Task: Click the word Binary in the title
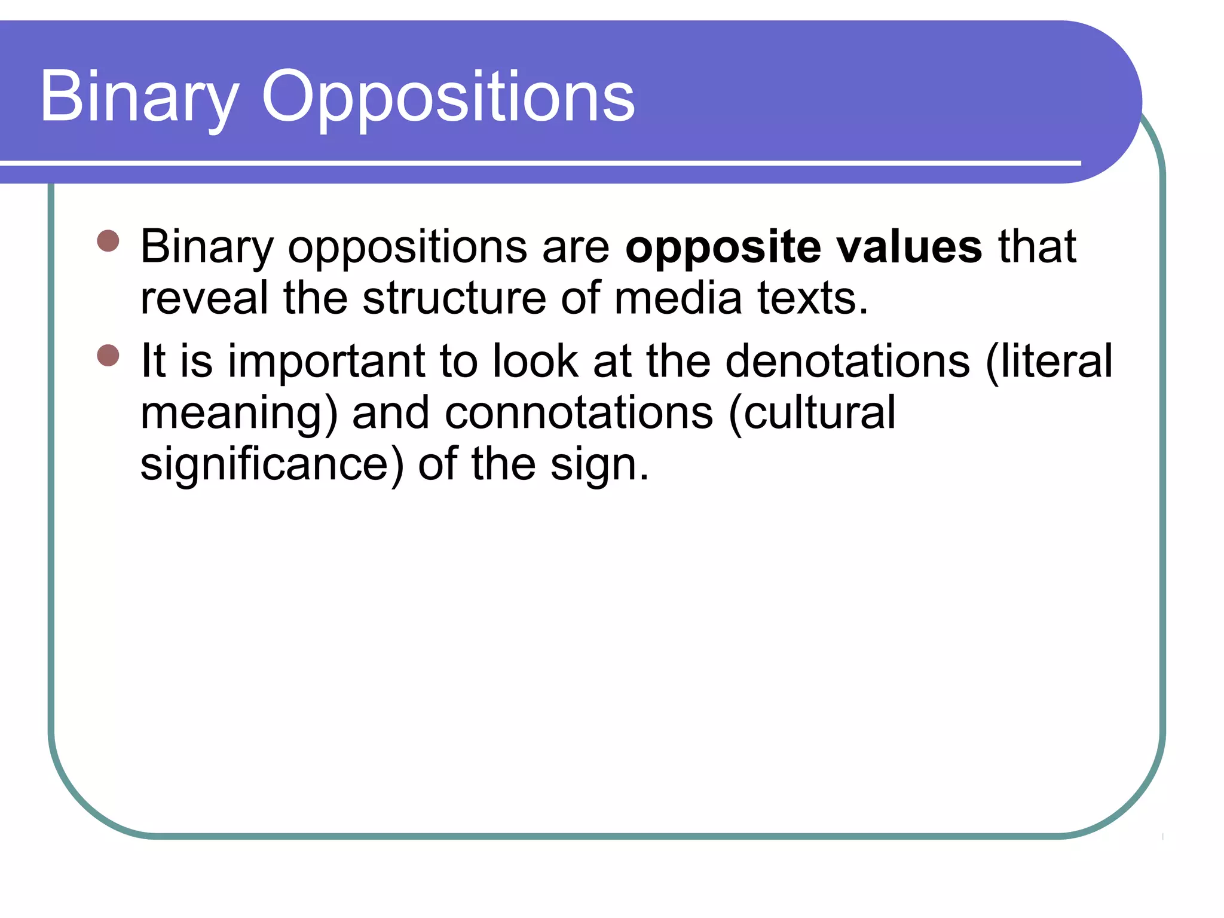click(139, 97)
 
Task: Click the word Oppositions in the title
click(448, 97)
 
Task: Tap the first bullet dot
click(108, 241)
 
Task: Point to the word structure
click(454, 298)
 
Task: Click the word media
click(678, 298)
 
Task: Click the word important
click(326, 361)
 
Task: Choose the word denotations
click(847, 361)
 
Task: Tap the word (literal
click(1049, 361)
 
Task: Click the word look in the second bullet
click(535, 361)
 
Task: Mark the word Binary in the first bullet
click(207, 246)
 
